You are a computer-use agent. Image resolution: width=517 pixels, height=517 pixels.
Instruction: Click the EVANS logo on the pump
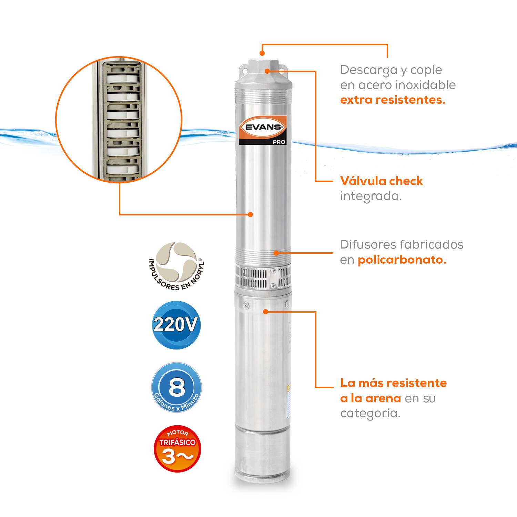(263, 127)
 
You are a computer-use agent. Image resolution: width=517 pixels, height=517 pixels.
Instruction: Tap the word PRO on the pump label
(279, 142)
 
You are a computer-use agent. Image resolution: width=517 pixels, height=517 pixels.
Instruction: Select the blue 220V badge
(176, 325)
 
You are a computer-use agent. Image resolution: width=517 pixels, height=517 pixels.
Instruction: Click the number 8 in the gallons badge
(177, 387)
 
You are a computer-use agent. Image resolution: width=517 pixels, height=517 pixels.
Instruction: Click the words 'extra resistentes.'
(393, 100)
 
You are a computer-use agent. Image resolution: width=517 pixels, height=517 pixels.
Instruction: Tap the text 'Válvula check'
(381, 181)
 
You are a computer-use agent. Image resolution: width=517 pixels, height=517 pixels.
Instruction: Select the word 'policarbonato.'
(402, 260)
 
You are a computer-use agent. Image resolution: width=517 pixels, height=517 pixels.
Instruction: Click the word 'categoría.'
(370, 413)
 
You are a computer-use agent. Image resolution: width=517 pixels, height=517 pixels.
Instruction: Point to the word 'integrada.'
(371, 196)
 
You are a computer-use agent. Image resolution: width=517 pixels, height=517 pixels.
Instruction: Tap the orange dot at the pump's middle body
(251, 214)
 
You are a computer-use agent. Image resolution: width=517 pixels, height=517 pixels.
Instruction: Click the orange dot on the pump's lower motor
(265, 312)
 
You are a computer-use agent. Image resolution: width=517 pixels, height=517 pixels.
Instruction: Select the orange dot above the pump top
(262, 53)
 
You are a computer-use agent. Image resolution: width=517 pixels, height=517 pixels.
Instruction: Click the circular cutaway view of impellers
(119, 120)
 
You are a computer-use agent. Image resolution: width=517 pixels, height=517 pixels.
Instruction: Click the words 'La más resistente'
(393, 383)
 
